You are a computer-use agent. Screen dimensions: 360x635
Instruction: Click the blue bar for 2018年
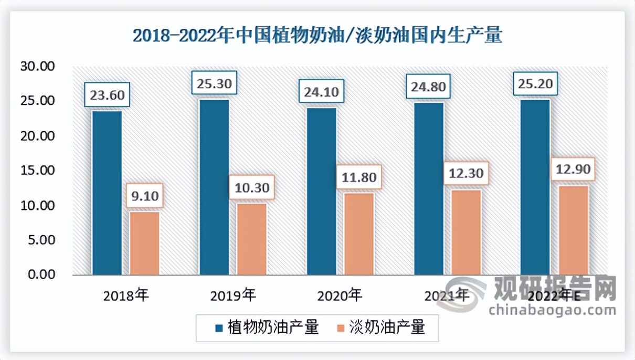[107, 193]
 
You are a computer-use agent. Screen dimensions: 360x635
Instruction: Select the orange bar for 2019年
[252, 239]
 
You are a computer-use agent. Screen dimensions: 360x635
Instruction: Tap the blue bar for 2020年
[322, 191]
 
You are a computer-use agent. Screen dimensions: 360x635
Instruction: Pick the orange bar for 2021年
[466, 232]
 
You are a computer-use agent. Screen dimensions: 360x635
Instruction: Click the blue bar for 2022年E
[535, 187]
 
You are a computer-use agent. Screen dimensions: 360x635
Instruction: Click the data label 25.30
[214, 83]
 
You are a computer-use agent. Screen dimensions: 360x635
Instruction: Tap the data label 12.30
[466, 173]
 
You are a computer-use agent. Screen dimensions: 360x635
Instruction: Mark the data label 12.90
[573, 170]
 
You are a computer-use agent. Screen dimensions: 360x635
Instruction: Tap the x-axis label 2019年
[233, 295]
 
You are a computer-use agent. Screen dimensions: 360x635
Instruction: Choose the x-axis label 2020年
[340, 295]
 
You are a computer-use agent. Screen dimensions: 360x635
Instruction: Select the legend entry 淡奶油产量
[380, 328]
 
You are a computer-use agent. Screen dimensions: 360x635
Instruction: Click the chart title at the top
[317, 36]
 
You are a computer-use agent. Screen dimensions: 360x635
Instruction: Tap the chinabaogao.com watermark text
[552, 310]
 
